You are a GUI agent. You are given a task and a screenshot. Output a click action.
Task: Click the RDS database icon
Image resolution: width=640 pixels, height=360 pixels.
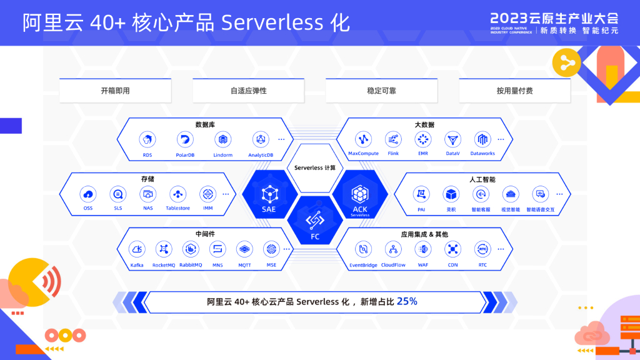click(x=147, y=139)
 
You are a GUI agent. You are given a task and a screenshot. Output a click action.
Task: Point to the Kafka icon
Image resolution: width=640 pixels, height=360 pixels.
click(x=137, y=249)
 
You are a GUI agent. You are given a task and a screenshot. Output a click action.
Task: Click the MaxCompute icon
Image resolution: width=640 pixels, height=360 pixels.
click(x=363, y=139)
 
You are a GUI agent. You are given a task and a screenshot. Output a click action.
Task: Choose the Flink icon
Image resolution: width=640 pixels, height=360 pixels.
click(x=393, y=139)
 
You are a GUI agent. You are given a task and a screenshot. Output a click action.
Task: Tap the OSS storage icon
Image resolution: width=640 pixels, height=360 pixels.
click(x=88, y=194)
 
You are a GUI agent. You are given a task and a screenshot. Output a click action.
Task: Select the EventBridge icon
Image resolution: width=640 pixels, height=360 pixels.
click(x=363, y=249)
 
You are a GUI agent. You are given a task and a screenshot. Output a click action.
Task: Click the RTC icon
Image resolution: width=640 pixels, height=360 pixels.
click(x=482, y=249)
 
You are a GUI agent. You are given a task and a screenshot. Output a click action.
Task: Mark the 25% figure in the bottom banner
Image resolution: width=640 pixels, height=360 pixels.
click(x=407, y=301)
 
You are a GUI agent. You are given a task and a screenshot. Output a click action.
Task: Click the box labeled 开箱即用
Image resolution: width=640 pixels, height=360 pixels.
click(x=115, y=91)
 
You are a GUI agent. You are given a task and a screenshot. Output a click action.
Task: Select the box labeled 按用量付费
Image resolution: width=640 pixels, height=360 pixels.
click(x=514, y=91)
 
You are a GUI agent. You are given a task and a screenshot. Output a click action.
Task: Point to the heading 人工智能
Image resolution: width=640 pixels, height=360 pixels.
click(x=482, y=179)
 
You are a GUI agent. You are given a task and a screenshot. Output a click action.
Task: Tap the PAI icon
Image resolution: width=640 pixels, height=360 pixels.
click(x=421, y=194)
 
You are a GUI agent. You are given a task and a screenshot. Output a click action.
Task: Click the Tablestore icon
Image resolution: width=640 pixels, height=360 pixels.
click(x=178, y=194)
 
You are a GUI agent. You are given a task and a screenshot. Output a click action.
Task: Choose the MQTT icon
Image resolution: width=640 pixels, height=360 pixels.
click(x=244, y=249)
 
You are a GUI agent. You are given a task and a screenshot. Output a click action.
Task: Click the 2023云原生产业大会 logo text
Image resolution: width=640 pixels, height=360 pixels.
click(x=554, y=17)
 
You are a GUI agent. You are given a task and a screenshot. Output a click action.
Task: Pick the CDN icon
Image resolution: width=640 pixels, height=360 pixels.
click(x=452, y=249)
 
